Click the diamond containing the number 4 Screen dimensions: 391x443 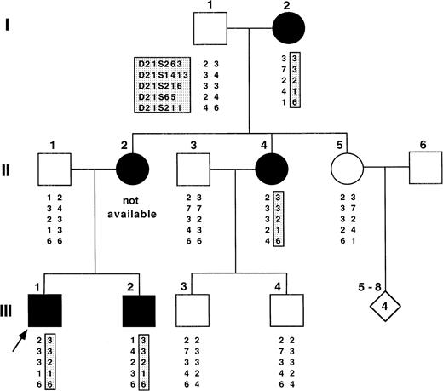pos(383,305)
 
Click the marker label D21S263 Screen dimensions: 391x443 pos(163,63)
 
